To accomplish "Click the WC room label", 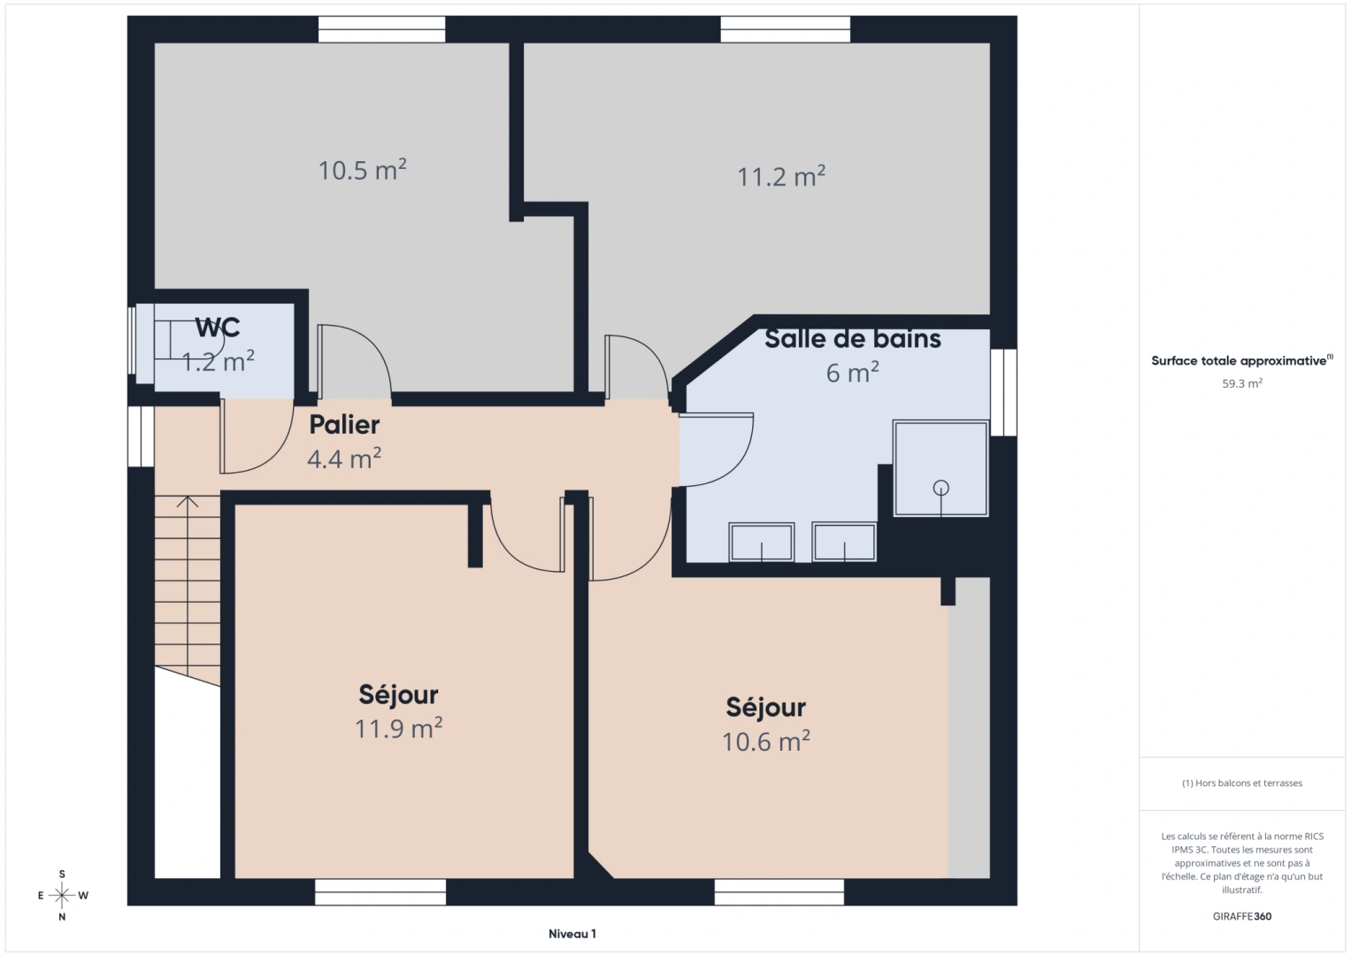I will coord(218,328).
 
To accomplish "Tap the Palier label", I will coord(344,425).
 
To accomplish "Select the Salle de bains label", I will coord(852,339).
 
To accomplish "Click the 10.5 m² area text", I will coord(362,170).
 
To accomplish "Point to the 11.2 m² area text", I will coord(781,176).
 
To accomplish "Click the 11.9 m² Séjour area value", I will coord(398,729).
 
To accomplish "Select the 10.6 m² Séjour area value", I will coord(765,741).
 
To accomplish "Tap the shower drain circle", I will coord(940,488).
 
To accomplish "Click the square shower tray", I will coord(940,468).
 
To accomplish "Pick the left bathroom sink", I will coord(761,542).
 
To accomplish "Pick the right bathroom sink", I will coord(844,542).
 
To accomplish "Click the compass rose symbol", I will coord(62,895).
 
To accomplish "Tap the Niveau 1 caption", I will coord(572,934).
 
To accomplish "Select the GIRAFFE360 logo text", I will coord(1241,916).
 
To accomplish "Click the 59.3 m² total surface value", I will coord(1241,384).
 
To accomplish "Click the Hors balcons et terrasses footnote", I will coord(1241,783).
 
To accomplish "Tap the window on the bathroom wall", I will coord(1002,392).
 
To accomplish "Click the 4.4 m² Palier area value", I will coord(344,459).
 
